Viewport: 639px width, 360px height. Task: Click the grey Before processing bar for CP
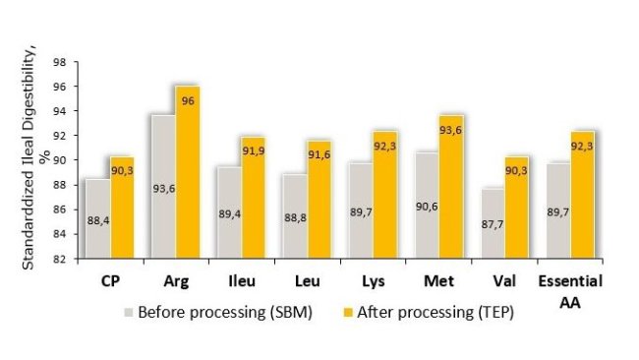click(97, 218)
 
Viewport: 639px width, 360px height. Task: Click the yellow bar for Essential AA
click(580, 197)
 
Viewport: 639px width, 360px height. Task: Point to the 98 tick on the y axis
click(60, 61)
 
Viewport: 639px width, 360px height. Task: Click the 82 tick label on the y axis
click(60, 259)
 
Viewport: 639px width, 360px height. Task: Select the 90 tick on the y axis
click(60, 160)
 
